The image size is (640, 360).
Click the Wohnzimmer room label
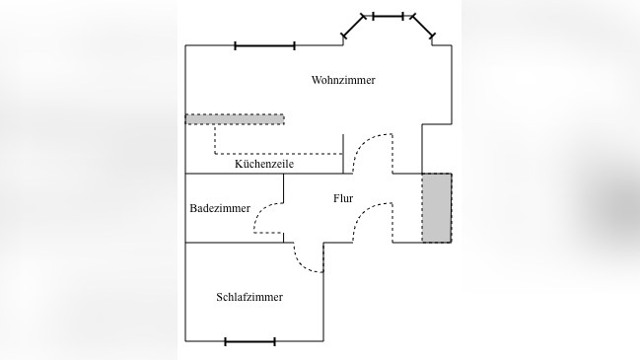342,80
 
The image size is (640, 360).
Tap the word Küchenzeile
263,164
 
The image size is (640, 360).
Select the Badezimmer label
219,208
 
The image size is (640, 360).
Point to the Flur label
343,198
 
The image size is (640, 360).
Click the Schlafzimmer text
249,297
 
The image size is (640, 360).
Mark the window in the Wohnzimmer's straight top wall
264,45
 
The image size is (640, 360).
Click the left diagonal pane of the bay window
353,27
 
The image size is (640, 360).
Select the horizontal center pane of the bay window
388,16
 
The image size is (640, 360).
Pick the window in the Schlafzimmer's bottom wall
249,341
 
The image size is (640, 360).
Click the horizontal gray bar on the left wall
235,119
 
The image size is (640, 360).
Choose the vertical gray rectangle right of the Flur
437,207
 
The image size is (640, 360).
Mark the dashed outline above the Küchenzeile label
278,154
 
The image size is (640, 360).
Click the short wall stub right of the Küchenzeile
343,154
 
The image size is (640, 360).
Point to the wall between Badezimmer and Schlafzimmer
234,242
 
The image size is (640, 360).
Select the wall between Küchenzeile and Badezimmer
234,174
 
